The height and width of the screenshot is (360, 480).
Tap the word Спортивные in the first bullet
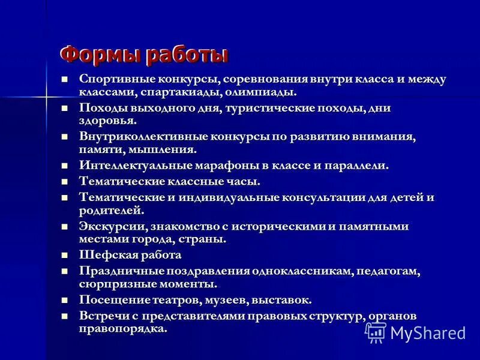116,79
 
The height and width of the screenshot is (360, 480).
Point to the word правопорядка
122,329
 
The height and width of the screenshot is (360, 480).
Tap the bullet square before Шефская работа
64,254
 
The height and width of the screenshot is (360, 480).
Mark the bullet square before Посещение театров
64,299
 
